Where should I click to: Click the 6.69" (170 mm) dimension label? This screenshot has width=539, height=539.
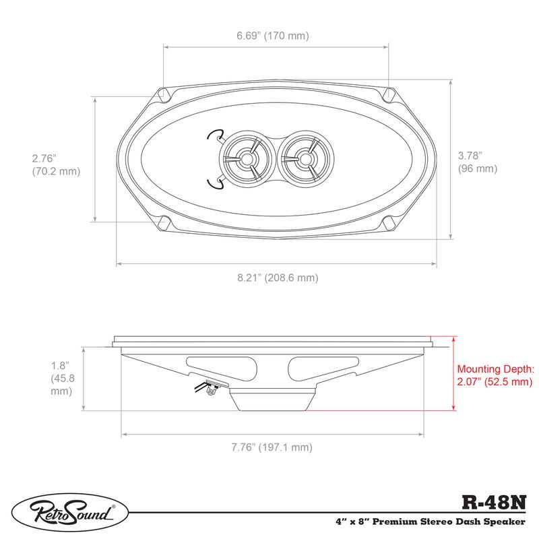pos(277,36)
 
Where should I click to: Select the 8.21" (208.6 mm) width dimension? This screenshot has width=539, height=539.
pos(277,278)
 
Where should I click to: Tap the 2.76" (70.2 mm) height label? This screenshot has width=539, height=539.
pos(56,165)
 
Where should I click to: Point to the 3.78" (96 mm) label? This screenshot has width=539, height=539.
pos(477,162)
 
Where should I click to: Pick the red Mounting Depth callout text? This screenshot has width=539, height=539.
pos(495,375)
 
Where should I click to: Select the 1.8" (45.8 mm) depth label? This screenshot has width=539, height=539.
pos(61,378)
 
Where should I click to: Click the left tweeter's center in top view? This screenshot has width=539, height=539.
pos(247,159)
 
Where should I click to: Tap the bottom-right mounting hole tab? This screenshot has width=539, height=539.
pos(389,222)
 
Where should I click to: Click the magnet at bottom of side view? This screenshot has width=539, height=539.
pos(273,400)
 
